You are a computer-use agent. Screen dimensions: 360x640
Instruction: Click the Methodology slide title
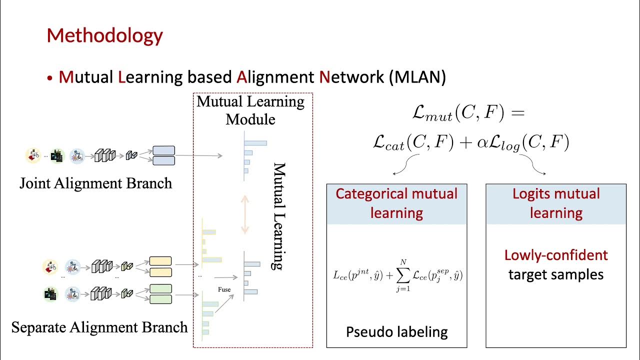pos(104,36)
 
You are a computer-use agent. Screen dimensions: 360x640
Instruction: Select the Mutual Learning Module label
pos(250,110)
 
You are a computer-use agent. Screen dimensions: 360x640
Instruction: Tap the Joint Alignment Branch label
pos(95,183)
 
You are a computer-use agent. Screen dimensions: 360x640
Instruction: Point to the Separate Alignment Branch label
pos(99,327)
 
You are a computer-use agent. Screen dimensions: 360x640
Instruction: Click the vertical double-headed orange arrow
pos(245,214)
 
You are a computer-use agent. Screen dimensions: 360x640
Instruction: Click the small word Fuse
pos(224,289)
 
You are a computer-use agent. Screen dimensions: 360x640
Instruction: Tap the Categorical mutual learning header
pos(396,203)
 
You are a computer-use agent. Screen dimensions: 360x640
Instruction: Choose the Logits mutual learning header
pos(556,203)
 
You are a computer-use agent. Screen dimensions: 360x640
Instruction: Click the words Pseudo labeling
pos(396,331)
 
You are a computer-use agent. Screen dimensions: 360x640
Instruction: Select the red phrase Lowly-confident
pos(556,255)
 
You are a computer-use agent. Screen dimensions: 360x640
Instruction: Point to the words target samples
pos(556,274)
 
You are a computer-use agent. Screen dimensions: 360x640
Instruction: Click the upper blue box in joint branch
pos(163,150)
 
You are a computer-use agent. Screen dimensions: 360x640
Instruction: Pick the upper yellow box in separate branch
pos(160,261)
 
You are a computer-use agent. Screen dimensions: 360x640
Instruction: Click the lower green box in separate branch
pos(160,299)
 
